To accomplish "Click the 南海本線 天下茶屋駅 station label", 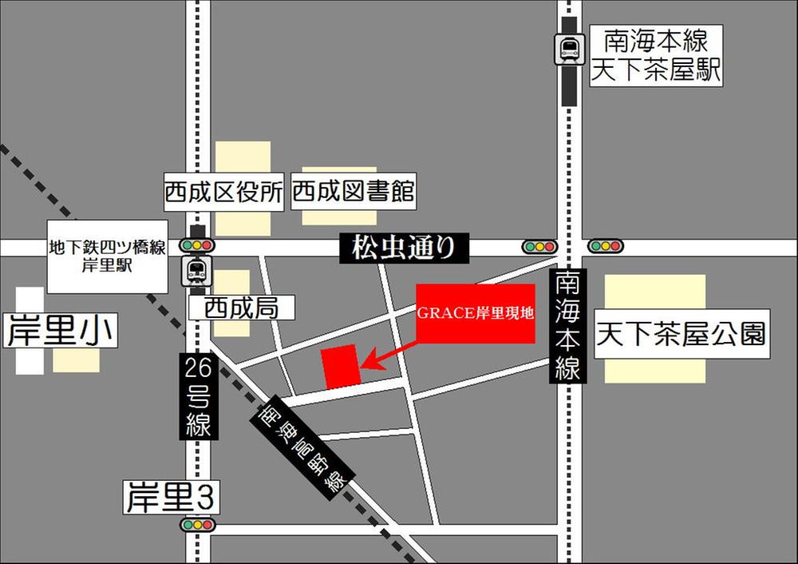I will coord(655,55).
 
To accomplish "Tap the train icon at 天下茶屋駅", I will coord(569,49).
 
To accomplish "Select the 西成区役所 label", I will coord(224,193).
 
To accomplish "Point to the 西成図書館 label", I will coord(353,193).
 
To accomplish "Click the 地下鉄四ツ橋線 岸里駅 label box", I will coord(107,256).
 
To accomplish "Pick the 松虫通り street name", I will coord(404,248).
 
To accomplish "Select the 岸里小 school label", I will coord(61,332).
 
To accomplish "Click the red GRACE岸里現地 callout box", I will coord(476,313).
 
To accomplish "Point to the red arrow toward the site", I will coord(389,355).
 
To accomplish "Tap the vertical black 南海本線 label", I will coord(567,326).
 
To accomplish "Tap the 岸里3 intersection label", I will coord(170,499).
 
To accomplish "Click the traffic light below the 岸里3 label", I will coord(197,525).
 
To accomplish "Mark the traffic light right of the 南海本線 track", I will coord(606,247).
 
